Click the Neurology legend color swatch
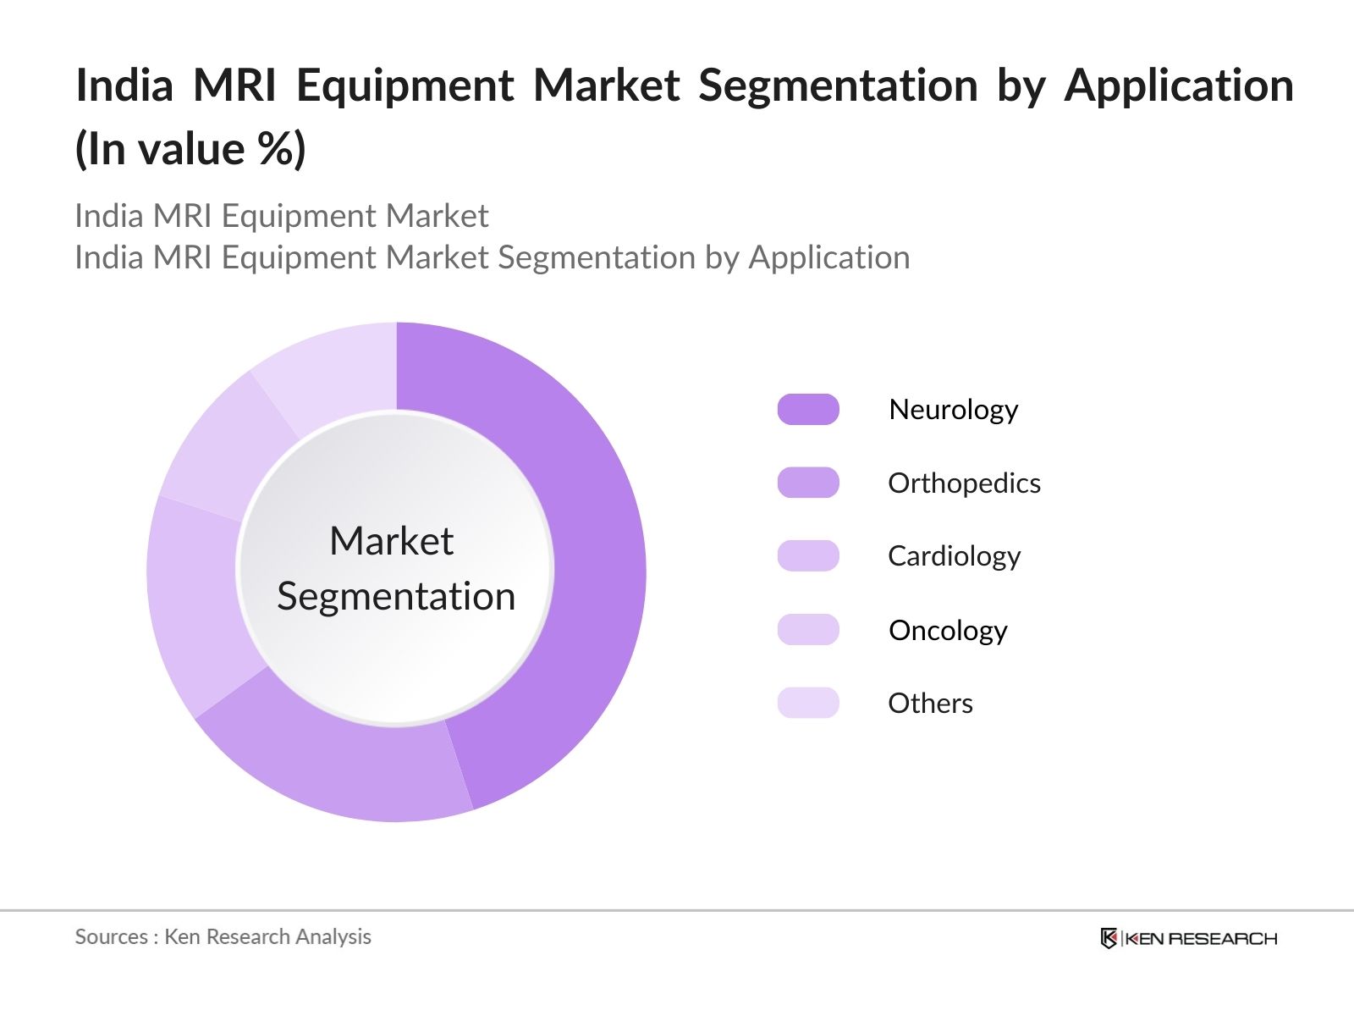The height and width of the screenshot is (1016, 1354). coord(808,409)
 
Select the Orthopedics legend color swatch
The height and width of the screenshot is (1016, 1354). coord(808,483)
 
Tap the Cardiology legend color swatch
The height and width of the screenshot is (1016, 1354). coord(808,555)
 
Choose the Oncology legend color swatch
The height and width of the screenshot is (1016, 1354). coord(808,630)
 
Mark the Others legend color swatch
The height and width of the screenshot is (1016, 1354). coord(808,703)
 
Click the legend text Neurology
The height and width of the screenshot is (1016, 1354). coord(953,410)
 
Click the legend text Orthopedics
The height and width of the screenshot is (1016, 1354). coord(964,483)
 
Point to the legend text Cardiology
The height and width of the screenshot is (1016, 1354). coord(954,556)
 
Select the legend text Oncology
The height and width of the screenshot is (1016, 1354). coord(948,631)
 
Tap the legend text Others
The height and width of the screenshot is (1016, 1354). coord(930,704)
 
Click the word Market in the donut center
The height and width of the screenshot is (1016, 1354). coord(391,541)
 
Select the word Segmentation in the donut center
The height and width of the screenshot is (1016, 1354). coord(396,596)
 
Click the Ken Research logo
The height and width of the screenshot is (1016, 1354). coord(1188,938)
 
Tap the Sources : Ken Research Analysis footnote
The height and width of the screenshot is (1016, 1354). coord(223,936)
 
